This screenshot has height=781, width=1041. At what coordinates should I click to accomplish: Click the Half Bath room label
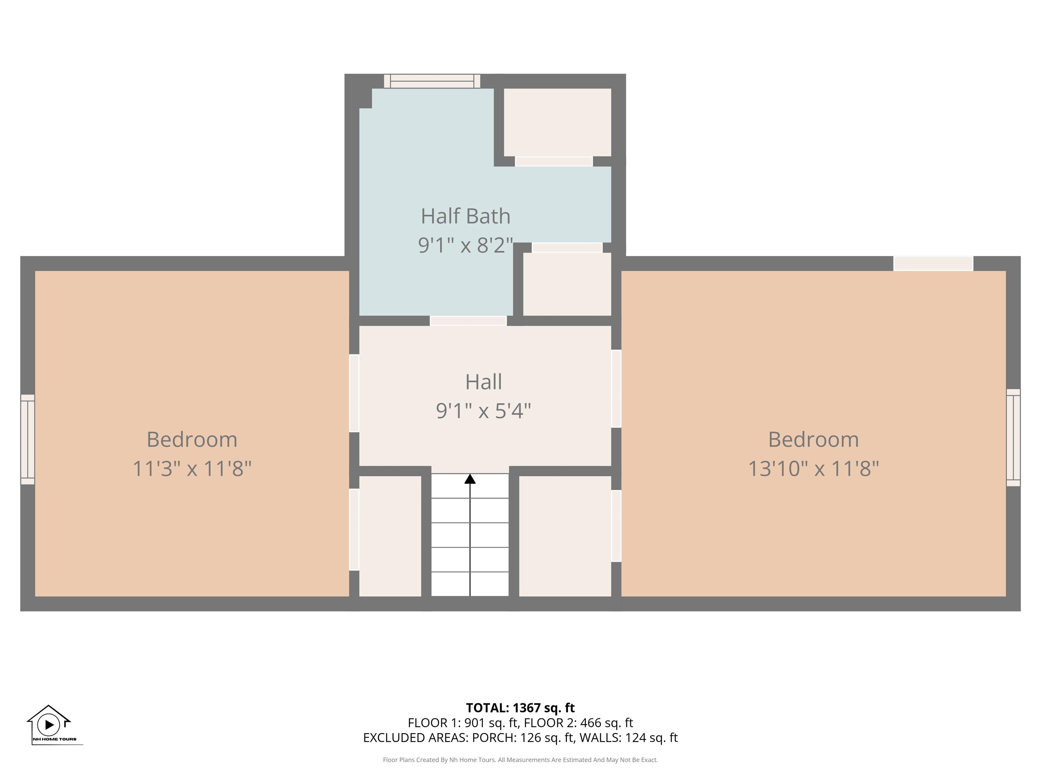point(466,216)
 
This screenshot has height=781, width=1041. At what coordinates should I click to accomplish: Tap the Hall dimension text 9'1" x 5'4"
point(483,410)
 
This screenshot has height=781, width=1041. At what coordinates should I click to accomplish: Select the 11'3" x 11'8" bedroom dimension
point(192,468)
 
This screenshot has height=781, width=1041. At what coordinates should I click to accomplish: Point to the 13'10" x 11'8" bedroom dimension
point(814,468)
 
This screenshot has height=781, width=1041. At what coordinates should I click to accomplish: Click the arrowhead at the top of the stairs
point(470,479)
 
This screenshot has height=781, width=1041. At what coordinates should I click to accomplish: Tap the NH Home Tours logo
point(52,725)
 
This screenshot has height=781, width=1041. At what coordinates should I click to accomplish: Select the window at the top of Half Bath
point(432,81)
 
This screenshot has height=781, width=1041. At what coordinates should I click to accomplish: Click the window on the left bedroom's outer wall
point(28,439)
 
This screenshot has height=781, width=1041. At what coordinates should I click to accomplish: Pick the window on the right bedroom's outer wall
point(1013,437)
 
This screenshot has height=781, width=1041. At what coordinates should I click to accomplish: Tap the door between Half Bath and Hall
point(468,321)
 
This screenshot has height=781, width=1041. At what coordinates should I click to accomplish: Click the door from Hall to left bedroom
point(354,393)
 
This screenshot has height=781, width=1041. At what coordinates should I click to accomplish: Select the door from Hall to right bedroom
point(616,388)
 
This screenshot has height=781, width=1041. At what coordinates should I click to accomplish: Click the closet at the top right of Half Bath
point(558,122)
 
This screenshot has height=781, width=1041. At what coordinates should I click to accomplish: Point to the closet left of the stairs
point(390,536)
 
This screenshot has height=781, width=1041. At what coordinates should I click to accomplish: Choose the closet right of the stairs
point(565,536)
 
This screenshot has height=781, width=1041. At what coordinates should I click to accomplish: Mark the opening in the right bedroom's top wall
point(933,264)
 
